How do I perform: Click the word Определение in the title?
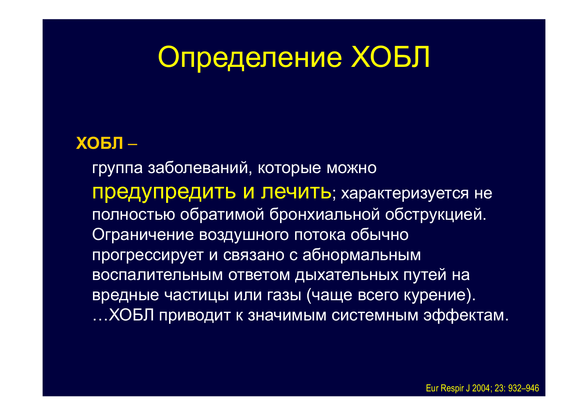(x=250, y=58)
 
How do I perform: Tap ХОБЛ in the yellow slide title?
(x=391, y=57)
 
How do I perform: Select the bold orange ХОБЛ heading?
(x=100, y=143)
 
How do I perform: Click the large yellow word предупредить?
(x=164, y=193)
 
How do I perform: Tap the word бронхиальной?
(x=325, y=214)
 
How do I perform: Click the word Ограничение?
(x=143, y=234)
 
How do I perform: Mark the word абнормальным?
(x=362, y=255)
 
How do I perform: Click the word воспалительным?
(x=158, y=275)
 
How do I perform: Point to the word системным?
(x=375, y=316)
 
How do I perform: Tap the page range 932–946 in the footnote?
(x=523, y=388)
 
